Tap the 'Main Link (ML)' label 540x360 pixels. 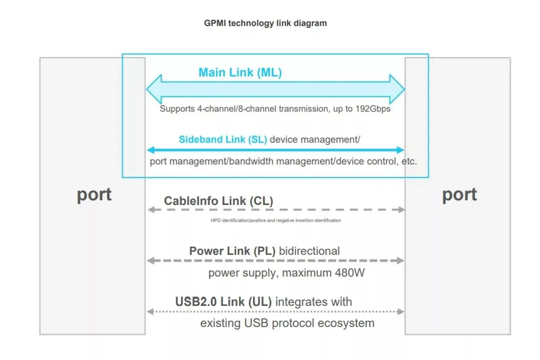coord(240,72)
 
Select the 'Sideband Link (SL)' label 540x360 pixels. coord(223,139)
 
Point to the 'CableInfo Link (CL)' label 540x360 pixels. coord(218,201)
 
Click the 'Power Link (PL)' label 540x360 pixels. coord(232,251)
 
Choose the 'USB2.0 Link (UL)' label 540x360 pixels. coord(223,301)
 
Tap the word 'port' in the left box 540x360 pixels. coord(94,194)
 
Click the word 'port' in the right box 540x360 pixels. coord(459,194)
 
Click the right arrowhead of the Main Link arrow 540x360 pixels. coord(398,89)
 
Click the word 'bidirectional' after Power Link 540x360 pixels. coord(309,251)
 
